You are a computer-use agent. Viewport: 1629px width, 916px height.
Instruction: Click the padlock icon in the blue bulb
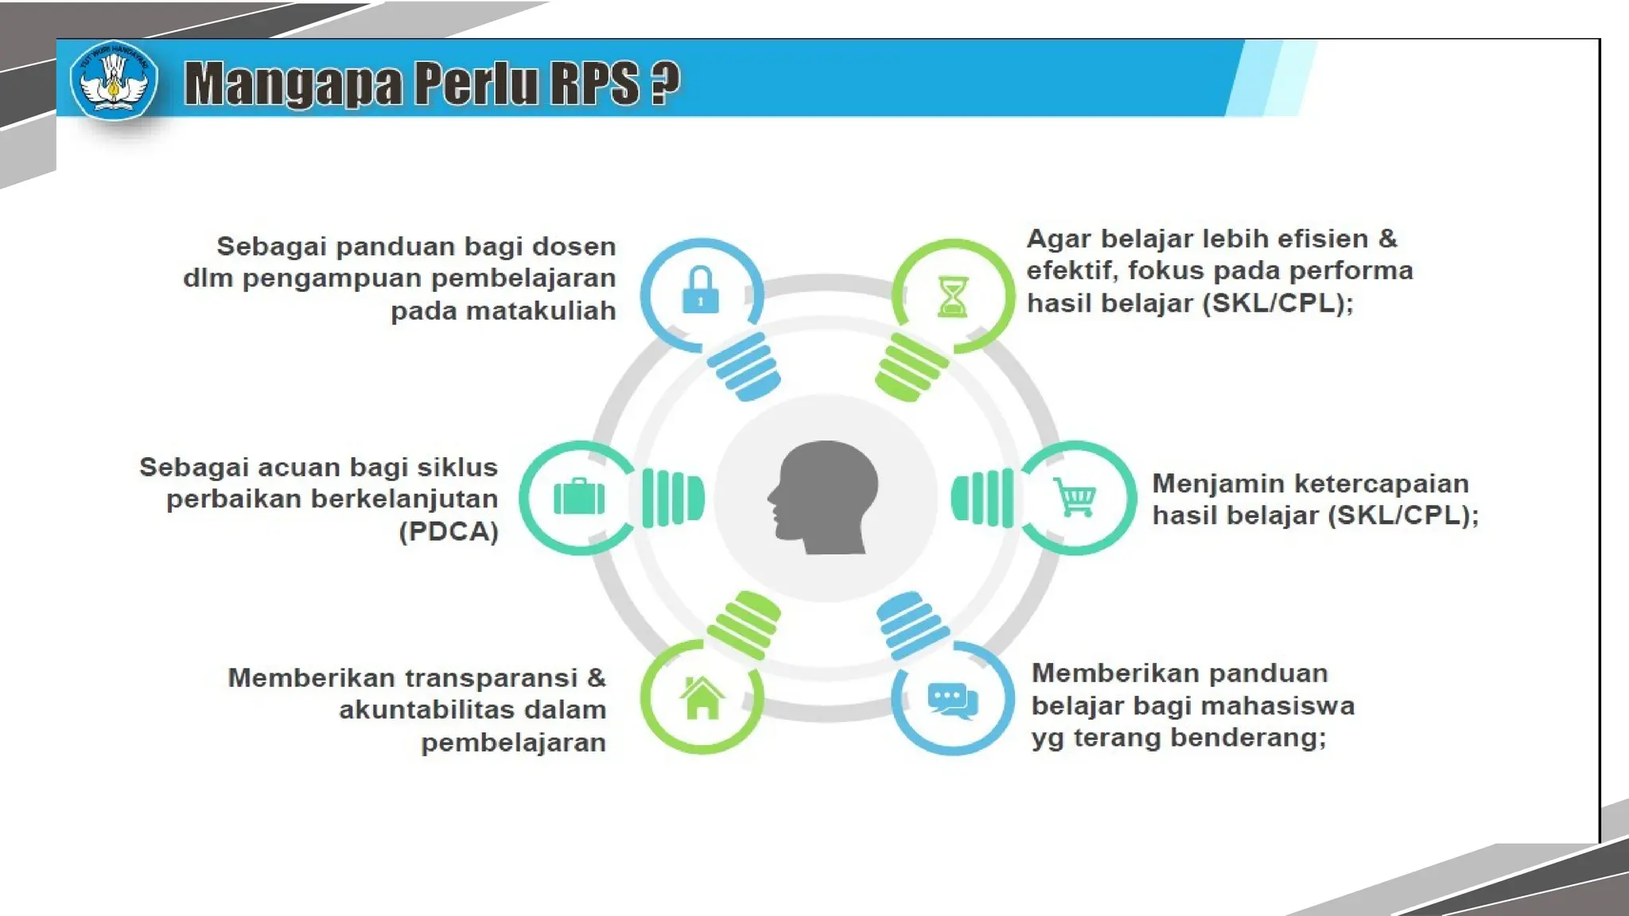[701, 291]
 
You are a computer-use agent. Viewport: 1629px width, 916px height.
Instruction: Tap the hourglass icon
[952, 297]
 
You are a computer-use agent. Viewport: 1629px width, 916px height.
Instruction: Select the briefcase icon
[579, 497]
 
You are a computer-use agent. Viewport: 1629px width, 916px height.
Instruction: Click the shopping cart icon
[1075, 497]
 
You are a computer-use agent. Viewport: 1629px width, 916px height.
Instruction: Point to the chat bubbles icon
[952, 701]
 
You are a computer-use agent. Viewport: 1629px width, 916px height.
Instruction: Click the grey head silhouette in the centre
[824, 497]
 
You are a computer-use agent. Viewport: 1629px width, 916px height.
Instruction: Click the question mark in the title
[665, 82]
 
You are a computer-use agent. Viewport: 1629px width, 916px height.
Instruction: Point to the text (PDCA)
[449, 531]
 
